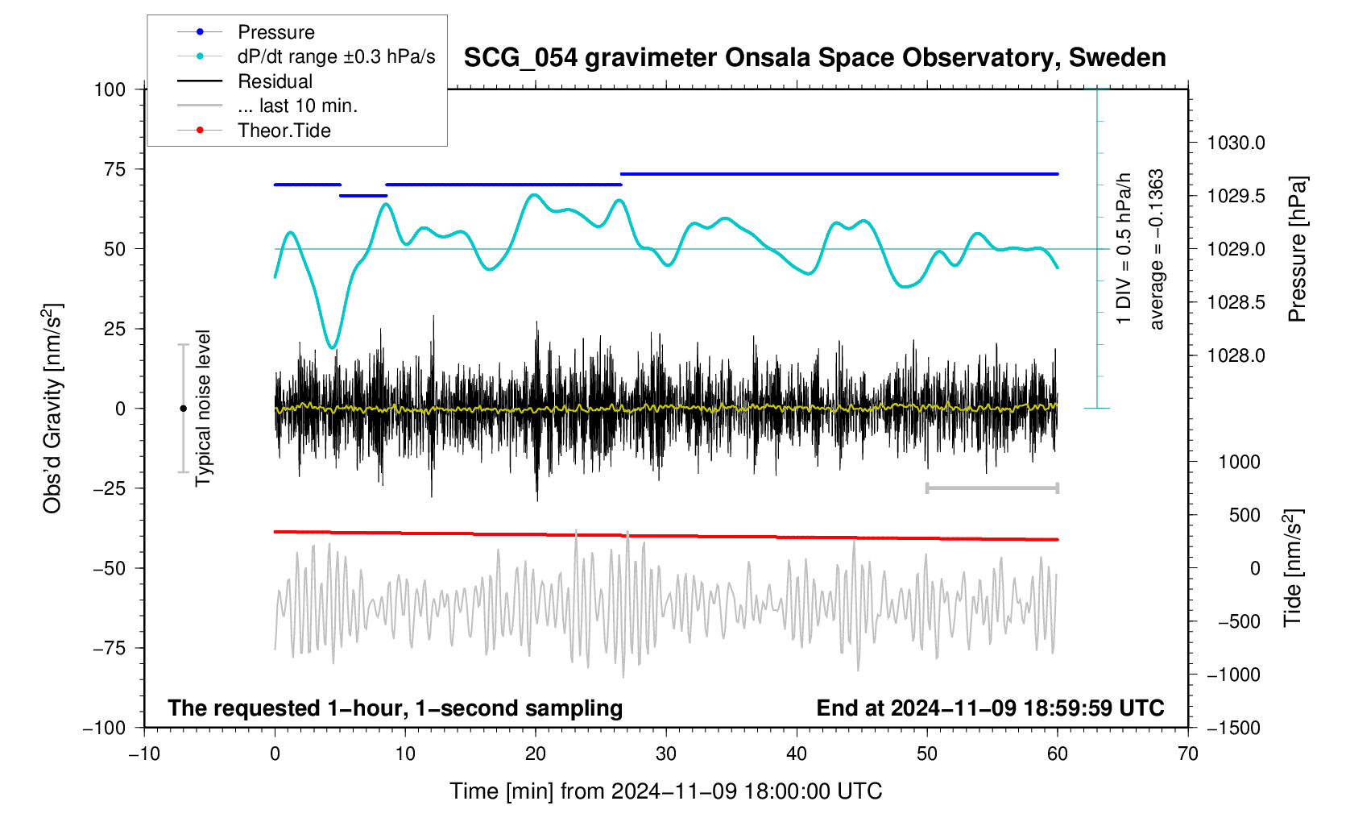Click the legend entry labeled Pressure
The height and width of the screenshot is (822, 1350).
275,32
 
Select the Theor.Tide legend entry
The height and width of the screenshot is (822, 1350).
284,131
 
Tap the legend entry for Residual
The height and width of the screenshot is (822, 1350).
275,81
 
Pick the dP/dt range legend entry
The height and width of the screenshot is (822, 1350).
336,56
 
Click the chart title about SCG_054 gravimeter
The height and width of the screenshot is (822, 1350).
814,58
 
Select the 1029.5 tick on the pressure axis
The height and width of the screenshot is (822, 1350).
1236,197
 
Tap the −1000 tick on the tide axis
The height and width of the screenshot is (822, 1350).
1232,675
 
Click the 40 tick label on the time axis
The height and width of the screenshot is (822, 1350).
797,754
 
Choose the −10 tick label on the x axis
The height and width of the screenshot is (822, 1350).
144,754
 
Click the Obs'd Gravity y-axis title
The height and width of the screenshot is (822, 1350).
52,409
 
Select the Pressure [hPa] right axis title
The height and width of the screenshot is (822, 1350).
1297,249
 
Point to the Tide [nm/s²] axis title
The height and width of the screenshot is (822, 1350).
1292,568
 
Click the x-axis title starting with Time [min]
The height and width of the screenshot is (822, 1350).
665,791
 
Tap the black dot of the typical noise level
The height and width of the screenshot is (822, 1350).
183,409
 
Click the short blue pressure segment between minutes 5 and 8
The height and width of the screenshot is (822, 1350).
363,196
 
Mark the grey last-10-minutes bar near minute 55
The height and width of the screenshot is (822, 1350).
992,488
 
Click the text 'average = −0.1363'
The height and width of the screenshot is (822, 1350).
1157,249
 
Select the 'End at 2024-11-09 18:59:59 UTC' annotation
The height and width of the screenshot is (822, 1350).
990,708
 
